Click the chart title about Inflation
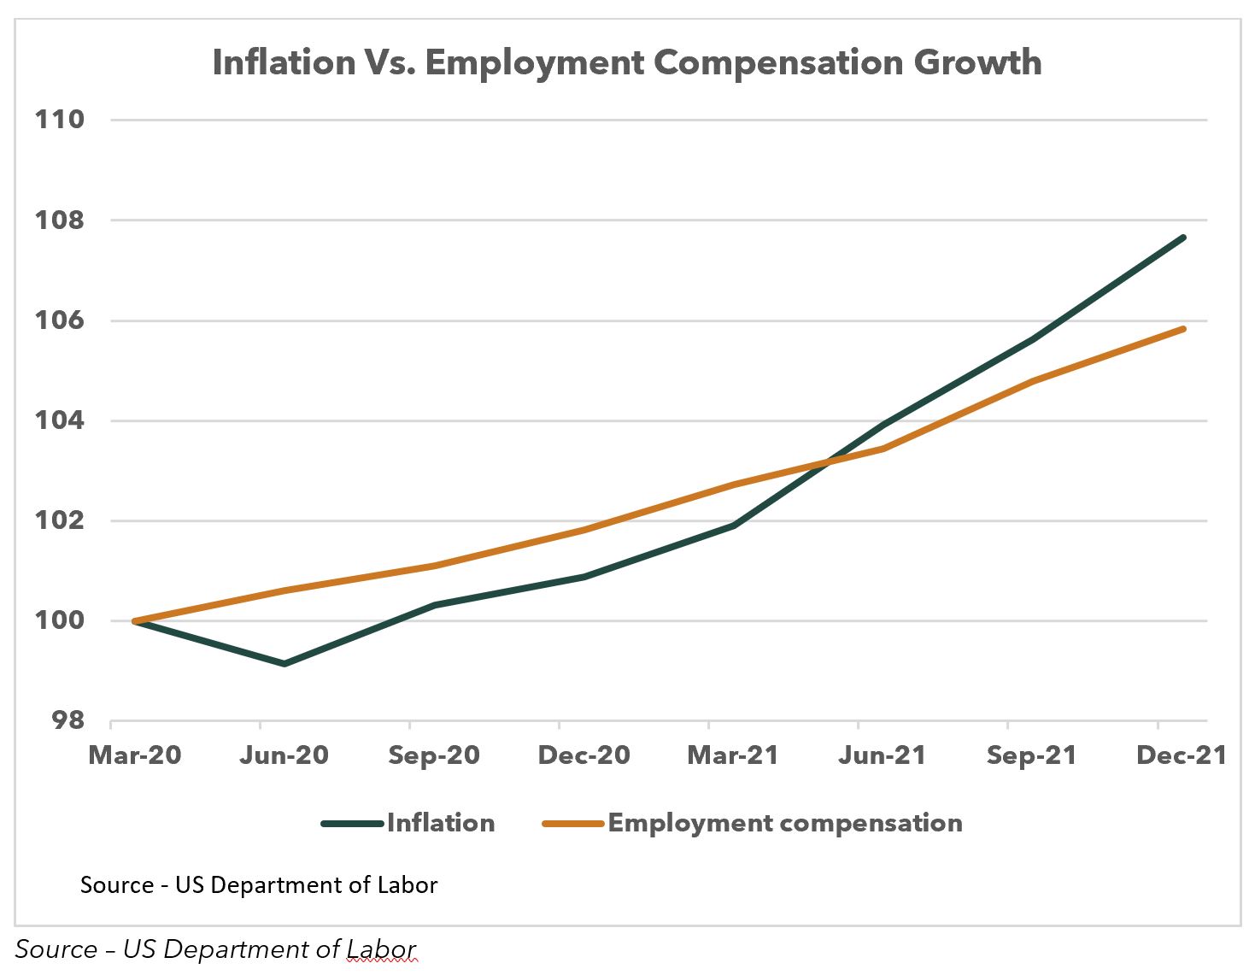click(626, 62)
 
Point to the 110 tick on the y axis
click(60, 119)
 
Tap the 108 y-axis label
click(60, 220)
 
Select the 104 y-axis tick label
click(60, 420)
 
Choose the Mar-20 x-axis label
click(135, 755)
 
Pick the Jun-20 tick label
click(284, 755)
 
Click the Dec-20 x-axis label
click(584, 755)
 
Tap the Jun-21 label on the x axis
click(882, 755)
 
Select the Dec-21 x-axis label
click(1182, 755)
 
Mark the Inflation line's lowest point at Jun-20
click(284, 664)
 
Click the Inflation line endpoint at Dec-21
click(1183, 238)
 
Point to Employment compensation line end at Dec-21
click(1183, 328)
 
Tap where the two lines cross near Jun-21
click(826, 462)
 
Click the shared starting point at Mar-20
click(135, 621)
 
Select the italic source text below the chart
click(215, 949)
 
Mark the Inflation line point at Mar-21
click(734, 526)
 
